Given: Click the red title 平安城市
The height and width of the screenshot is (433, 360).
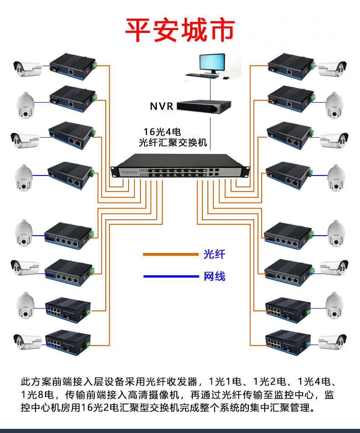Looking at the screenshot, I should click(180, 29).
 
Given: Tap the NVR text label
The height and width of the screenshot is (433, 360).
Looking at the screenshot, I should click(162, 107).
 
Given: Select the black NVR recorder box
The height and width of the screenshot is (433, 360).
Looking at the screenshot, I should click(204, 106).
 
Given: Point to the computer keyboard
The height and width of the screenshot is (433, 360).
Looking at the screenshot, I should click(200, 75).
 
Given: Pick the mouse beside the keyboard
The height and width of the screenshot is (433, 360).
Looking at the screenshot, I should click(225, 79).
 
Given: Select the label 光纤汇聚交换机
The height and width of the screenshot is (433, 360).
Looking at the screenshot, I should click(173, 143).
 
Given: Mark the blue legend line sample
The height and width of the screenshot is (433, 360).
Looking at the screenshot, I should click(171, 276).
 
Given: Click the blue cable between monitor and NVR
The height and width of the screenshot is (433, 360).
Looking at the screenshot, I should click(210, 89).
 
